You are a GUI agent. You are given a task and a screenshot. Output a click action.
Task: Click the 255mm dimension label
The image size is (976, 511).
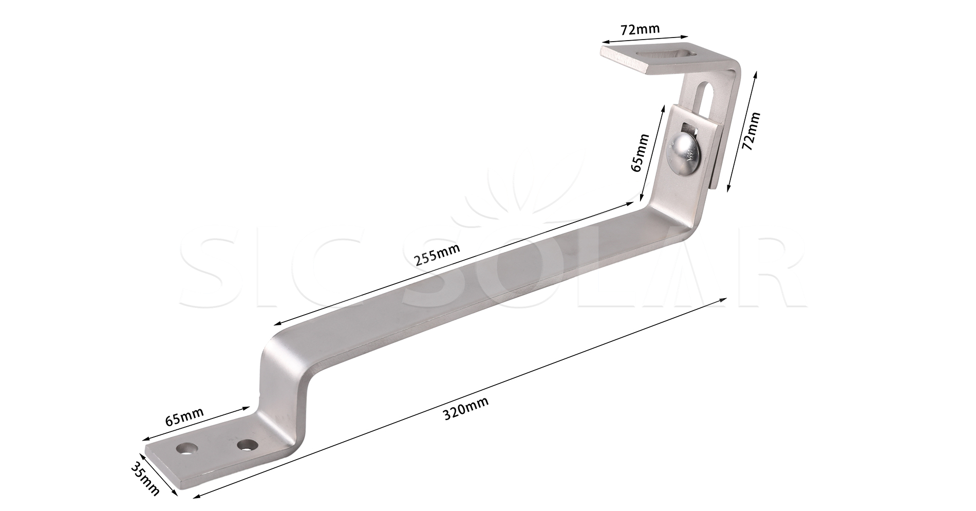click(x=437, y=253)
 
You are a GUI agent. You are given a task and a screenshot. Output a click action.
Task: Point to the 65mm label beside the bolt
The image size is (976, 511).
click(x=639, y=153)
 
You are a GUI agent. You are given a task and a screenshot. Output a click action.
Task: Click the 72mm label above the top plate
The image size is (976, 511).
click(x=640, y=29)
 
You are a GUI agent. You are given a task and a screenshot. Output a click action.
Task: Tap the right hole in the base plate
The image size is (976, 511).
click(x=247, y=444)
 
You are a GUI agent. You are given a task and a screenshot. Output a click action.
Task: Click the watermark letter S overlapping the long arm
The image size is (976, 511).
click(x=437, y=278)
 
